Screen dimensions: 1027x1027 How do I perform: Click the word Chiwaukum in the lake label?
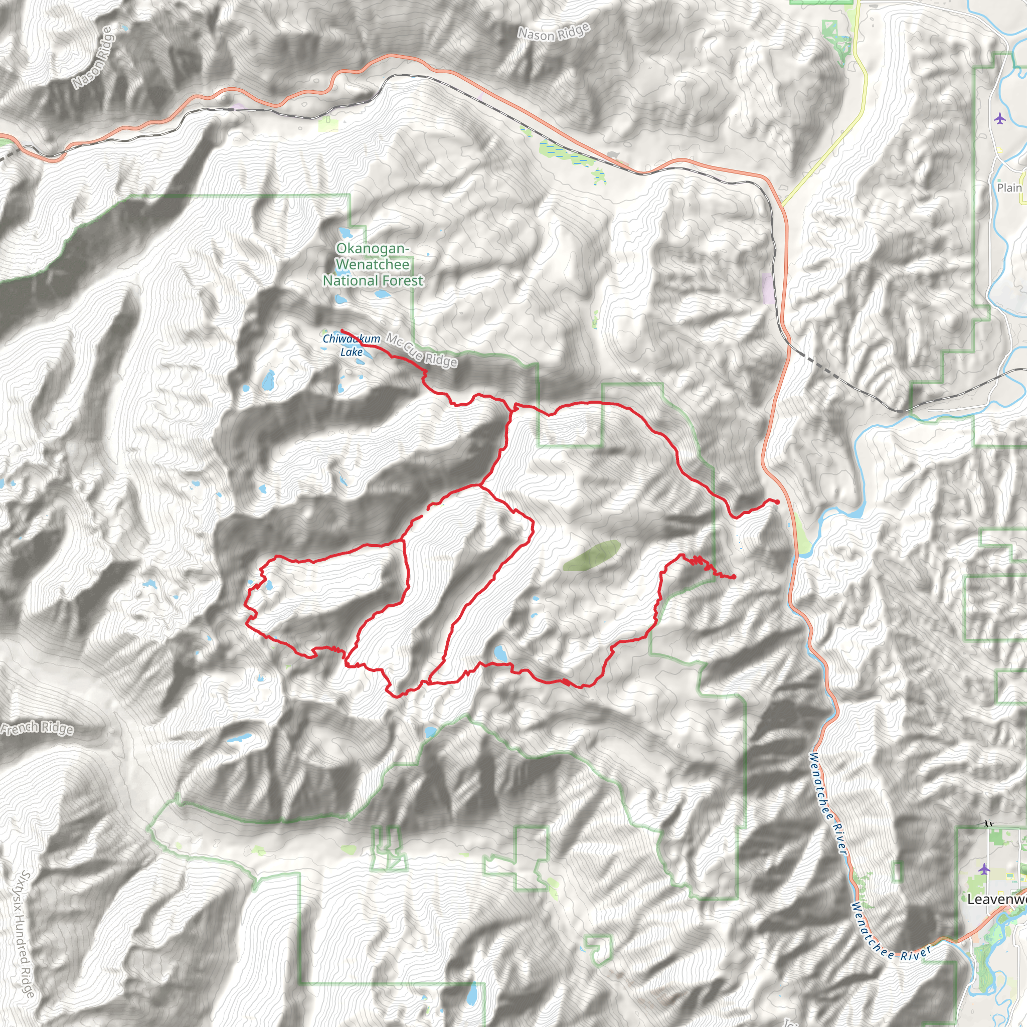tap(352, 339)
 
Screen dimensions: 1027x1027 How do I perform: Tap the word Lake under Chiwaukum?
tap(352, 352)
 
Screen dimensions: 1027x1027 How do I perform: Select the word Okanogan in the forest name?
tap(372, 249)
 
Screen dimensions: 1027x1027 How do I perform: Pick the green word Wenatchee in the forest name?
tap(373, 264)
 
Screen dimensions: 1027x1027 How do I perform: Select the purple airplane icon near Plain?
tap(1000, 118)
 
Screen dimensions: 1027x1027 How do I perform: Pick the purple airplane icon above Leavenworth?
tap(984, 869)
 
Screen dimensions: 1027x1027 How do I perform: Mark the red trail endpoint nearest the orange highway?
tap(777, 502)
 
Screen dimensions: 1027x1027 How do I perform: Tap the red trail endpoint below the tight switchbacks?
tap(734, 577)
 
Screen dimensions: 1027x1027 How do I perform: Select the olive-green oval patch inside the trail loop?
tap(591, 556)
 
